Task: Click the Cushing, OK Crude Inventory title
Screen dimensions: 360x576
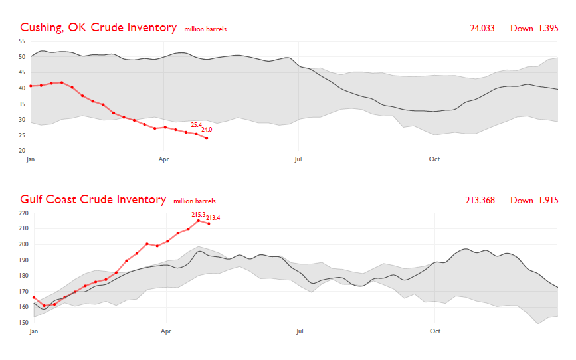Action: tap(98, 28)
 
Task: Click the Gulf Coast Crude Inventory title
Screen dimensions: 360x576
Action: tap(93, 200)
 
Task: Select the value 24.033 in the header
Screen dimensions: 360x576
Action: tap(482, 29)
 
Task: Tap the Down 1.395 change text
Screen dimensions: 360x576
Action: tap(534, 29)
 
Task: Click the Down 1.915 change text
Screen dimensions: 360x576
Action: tap(534, 201)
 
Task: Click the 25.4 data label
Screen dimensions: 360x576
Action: tap(196, 124)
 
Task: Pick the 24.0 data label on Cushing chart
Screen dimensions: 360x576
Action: tap(207, 130)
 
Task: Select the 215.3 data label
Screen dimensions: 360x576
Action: tap(198, 215)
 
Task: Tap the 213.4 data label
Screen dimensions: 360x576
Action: tap(213, 218)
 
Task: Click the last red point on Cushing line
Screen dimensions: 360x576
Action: tap(207, 138)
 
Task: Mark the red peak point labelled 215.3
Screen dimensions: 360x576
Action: tap(198, 221)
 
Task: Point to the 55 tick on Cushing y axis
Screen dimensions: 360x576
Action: tap(22, 41)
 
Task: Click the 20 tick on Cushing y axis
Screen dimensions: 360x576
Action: tap(22, 151)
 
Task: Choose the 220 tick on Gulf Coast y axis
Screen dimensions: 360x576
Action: tap(24, 213)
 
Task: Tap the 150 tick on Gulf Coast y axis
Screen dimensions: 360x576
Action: tap(24, 323)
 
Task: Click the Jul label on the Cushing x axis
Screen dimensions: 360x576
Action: tap(298, 159)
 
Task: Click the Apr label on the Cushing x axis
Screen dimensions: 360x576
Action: tap(163, 159)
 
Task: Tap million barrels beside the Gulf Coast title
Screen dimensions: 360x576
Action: tap(195, 201)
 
